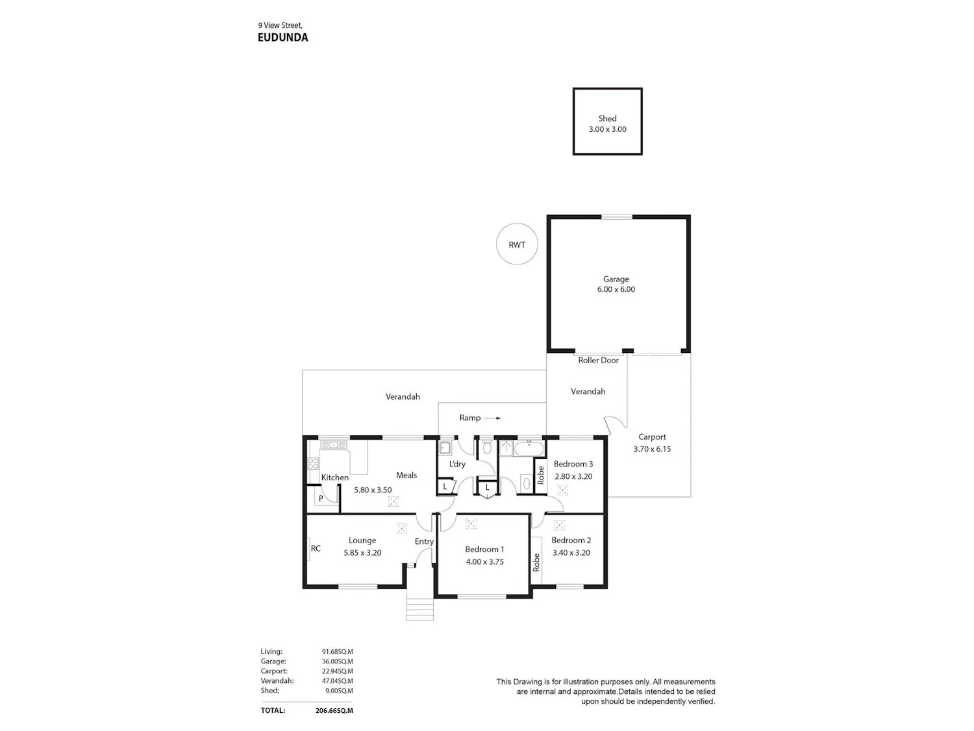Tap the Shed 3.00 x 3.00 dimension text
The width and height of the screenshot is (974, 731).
pos(608,129)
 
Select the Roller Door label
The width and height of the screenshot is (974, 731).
pos(598,361)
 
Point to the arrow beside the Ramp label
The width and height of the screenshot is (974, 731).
pos(492,418)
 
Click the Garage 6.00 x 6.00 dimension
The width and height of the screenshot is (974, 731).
pos(616,289)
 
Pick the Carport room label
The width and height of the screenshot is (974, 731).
pos(652,437)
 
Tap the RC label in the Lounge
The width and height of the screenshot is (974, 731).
pos(316,548)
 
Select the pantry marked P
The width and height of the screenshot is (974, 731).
pos(323,500)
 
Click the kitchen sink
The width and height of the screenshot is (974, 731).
pos(334,444)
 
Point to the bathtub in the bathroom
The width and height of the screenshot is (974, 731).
pos(529,448)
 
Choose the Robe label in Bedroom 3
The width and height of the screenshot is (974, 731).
pos(540,476)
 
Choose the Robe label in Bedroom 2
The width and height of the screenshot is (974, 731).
pos(536,562)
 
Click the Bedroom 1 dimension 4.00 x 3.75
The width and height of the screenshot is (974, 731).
pos(484,562)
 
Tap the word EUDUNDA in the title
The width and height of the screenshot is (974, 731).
pos(282,37)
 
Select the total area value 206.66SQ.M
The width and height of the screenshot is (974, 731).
pos(334,710)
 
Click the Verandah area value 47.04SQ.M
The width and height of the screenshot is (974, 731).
pos(337,681)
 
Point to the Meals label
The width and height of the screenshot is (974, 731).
pos(406,476)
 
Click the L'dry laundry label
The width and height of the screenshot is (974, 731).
pos(457,464)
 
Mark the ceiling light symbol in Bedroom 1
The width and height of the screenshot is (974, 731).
pos(471,524)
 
